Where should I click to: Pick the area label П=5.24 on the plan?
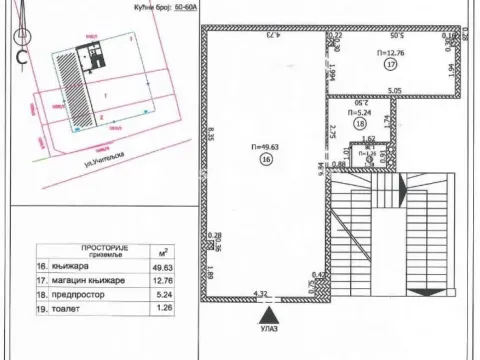pyautogui.click(x=358, y=113)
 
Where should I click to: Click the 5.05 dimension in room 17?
pyautogui.click(x=395, y=90)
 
